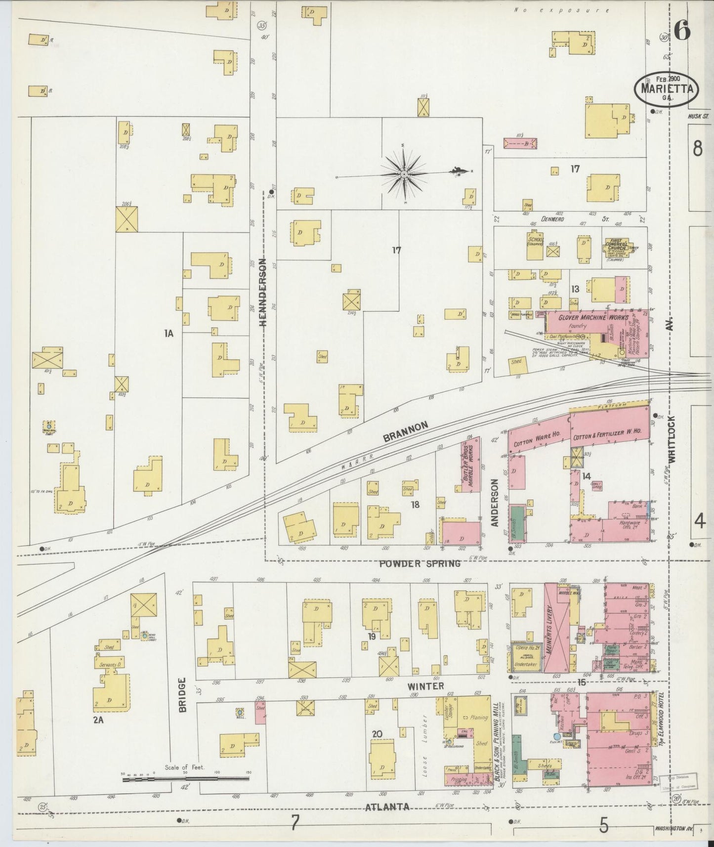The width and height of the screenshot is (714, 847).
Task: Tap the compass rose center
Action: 404,174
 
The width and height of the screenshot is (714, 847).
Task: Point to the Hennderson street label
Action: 263,292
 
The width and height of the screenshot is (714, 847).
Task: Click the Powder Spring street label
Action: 420,563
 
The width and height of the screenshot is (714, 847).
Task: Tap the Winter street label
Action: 425,686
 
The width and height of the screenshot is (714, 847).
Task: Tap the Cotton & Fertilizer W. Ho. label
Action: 607,432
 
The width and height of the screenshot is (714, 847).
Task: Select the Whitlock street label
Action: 671,439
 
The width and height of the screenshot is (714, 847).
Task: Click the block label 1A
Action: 168,334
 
